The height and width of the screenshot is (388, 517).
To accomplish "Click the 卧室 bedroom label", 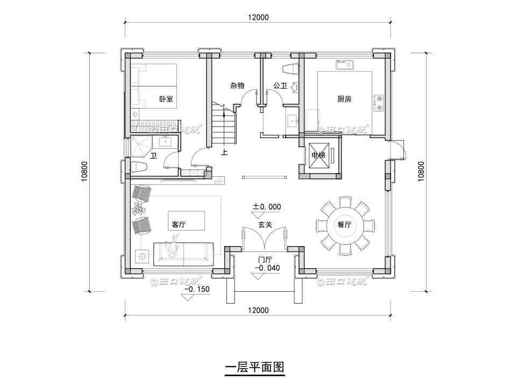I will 166,99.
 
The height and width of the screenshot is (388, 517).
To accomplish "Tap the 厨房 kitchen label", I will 344,99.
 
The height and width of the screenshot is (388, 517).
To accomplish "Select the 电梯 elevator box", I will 318,156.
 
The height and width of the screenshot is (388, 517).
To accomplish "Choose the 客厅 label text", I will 178,226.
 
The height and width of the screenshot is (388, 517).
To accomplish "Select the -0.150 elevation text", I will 197,290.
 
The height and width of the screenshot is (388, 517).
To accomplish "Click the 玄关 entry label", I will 264,226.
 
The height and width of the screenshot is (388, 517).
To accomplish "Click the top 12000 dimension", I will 258,17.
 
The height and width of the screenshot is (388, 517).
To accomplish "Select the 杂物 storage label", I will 237,86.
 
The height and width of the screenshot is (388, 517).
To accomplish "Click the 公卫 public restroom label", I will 280,86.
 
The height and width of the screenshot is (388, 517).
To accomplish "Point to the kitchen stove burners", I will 379,103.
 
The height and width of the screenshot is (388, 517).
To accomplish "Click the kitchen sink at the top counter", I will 345,66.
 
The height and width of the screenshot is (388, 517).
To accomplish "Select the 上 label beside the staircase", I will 224,152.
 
